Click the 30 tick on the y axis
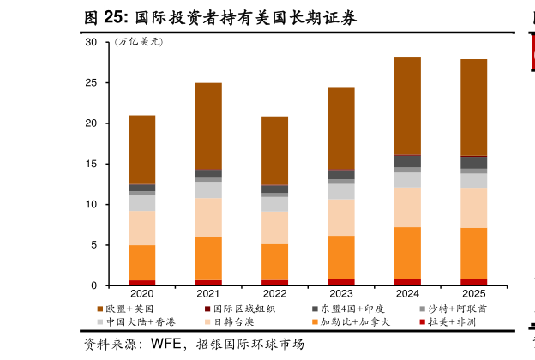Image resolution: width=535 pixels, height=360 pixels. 91,43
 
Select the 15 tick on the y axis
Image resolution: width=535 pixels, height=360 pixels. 91,164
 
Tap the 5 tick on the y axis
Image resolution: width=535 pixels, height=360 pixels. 93,245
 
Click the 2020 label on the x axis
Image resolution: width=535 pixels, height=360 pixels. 141,294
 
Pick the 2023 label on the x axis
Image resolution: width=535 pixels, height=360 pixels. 340,294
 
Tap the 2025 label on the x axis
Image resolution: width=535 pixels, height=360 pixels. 473,294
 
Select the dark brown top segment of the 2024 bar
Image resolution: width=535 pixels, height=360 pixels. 407,105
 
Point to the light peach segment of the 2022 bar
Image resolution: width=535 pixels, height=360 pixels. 274,228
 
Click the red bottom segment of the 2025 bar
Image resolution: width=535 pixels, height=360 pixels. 473,281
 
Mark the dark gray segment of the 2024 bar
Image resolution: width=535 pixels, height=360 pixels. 407,161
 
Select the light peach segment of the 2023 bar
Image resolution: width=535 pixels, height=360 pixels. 340,217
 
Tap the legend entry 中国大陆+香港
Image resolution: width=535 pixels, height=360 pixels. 135,322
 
